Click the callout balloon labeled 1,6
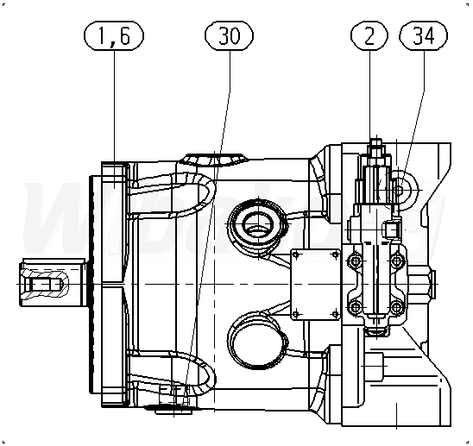(x=114, y=35)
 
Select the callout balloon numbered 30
(x=229, y=35)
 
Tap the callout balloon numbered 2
(x=369, y=35)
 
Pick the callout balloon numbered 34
(x=423, y=35)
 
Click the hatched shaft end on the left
(x=45, y=284)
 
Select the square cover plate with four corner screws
(x=316, y=285)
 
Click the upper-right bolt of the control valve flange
(x=398, y=260)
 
